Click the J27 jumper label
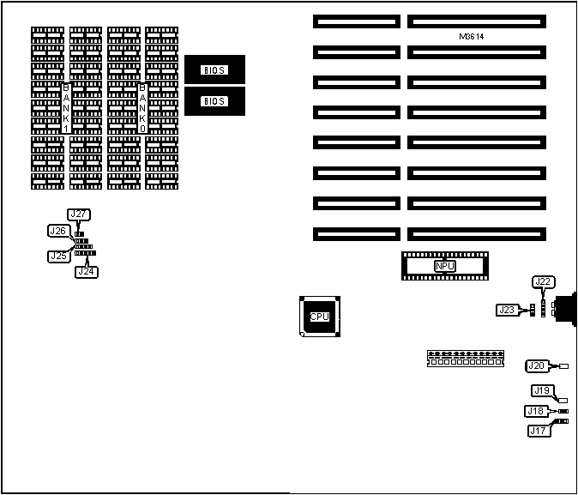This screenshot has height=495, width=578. click(78, 215)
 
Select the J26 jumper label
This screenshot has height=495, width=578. click(58, 231)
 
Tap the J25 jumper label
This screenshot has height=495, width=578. click(58, 256)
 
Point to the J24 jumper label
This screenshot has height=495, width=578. click(86, 272)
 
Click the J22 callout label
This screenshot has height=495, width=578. click(542, 281)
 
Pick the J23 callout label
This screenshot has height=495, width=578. click(506, 310)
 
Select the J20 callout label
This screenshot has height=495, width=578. click(536, 366)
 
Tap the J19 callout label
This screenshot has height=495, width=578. click(541, 390)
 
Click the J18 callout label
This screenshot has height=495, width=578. click(536, 411)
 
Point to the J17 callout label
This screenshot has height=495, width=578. click(539, 431)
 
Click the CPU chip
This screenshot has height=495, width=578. click(319, 317)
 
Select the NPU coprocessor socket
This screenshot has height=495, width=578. click(444, 267)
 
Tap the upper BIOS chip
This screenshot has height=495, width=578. click(214, 69)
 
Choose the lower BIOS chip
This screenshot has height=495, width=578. click(214, 101)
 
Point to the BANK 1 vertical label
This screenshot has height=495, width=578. click(66, 107)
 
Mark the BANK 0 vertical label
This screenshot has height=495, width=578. click(142, 107)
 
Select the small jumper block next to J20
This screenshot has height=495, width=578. click(563, 366)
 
